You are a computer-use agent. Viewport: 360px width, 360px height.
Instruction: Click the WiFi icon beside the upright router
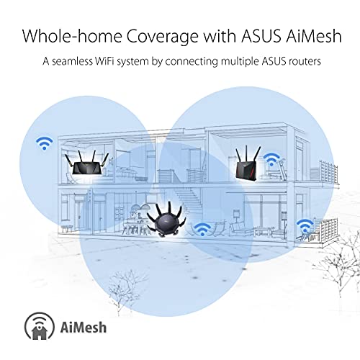pos(271,159)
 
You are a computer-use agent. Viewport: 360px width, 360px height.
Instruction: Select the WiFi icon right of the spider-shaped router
pos(204,229)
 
